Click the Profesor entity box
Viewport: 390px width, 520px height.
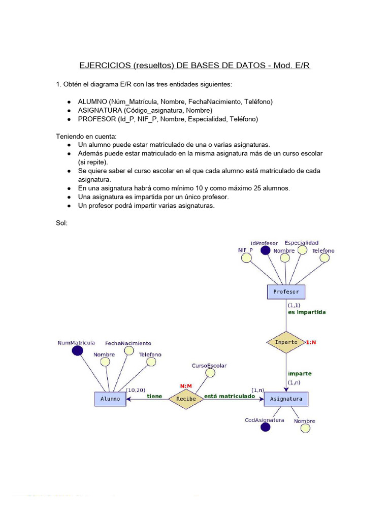click(x=286, y=292)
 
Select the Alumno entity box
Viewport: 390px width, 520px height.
click(x=110, y=399)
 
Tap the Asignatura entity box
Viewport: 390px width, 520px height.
click(x=286, y=399)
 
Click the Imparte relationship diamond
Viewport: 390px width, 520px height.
click(x=286, y=342)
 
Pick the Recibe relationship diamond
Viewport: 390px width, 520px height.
click(x=186, y=399)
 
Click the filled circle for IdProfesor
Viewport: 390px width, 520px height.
click(x=265, y=250)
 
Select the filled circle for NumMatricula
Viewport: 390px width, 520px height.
click(x=77, y=350)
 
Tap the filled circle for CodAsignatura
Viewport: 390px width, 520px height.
click(x=265, y=427)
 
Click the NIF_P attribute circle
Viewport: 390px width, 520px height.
click(x=247, y=258)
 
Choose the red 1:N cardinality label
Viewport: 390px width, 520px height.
click(x=311, y=342)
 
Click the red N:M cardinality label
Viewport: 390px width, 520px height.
click(x=186, y=386)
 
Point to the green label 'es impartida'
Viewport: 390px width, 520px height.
click(x=307, y=312)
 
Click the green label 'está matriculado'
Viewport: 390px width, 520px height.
click(x=230, y=396)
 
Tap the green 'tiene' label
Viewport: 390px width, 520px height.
click(x=154, y=396)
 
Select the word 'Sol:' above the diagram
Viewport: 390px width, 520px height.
click(x=61, y=222)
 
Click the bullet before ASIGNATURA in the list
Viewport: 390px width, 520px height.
click(x=69, y=110)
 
